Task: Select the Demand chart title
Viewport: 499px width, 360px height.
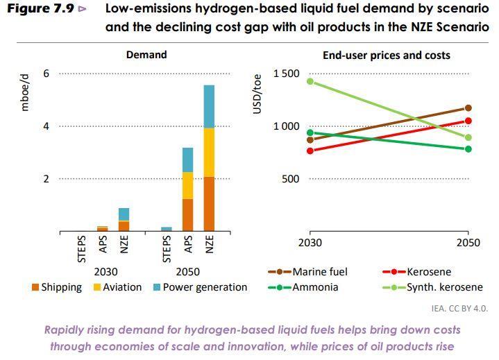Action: tap(146, 55)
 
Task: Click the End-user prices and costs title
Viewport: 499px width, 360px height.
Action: tap(386, 55)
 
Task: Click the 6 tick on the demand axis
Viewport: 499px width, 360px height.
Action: tap(46, 74)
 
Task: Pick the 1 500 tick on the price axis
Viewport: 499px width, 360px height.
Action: tap(286, 74)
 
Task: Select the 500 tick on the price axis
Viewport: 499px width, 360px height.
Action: tap(291, 179)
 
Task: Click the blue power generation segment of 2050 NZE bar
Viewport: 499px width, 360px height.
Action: tap(209, 106)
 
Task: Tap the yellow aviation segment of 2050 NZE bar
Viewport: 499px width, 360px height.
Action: tap(209, 153)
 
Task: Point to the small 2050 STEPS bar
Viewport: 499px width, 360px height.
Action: tap(167, 229)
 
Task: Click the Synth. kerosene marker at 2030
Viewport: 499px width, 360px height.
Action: tap(310, 81)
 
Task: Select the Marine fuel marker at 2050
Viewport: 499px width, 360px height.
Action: tap(468, 108)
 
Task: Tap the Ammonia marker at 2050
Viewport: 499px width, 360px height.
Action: tap(468, 148)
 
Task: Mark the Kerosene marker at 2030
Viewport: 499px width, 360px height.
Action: tap(310, 151)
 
